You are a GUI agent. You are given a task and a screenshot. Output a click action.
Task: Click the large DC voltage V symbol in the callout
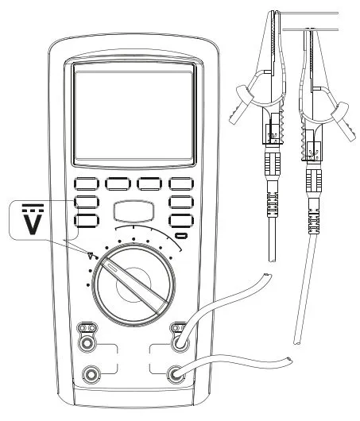tap(33, 219)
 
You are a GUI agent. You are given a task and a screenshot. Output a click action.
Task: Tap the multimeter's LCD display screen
tap(134, 115)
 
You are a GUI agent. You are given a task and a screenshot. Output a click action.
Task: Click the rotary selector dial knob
tap(134, 284)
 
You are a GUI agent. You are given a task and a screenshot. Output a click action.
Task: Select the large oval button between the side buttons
tap(134, 211)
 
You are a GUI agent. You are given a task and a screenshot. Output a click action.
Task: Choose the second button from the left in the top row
tap(118, 184)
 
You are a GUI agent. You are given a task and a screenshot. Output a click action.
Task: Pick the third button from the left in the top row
tap(149, 184)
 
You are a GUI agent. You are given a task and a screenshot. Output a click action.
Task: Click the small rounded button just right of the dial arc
tap(181, 236)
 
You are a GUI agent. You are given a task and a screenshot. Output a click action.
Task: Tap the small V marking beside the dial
tap(91, 256)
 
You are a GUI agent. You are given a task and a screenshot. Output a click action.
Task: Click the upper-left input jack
tap(87, 343)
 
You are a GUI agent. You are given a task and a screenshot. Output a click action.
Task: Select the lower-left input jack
tap(91, 374)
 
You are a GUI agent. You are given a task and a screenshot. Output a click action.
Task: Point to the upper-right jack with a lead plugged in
tap(180, 344)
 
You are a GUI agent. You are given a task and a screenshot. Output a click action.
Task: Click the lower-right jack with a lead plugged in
tap(176, 374)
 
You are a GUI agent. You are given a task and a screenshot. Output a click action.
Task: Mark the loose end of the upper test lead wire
tap(267, 276)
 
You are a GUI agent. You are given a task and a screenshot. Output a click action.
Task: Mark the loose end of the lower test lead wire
tap(289, 360)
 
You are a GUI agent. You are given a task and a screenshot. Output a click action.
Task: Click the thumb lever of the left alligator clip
tap(240, 104)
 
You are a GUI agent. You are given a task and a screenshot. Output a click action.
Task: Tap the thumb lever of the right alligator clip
tap(343, 121)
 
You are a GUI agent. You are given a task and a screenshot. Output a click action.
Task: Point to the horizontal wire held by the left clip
tap(308, 13)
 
